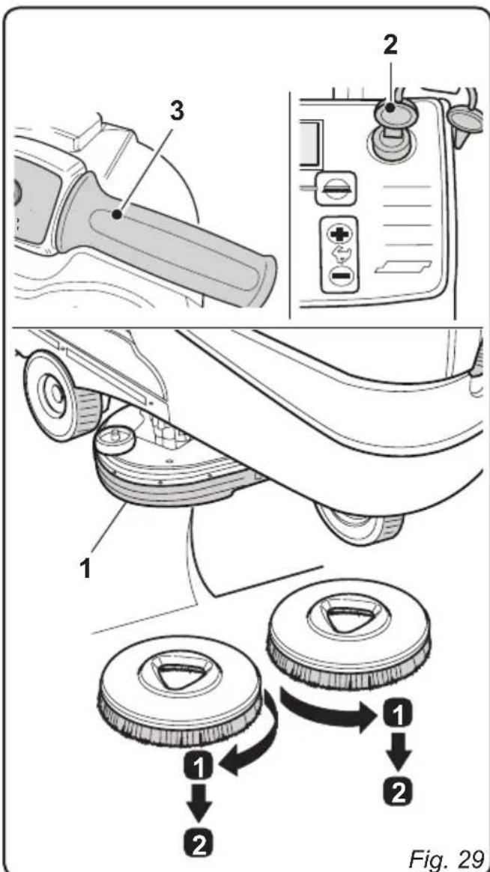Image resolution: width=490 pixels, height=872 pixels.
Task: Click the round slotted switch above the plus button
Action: pos(330,189)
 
